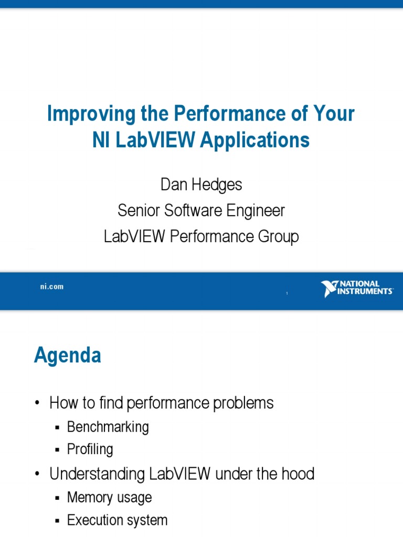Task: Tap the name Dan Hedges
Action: (x=201, y=185)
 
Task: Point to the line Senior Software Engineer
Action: (x=201, y=211)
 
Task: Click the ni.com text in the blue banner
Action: (x=52, y=287)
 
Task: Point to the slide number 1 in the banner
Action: (x=287, y=294)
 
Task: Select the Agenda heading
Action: (x=68, y=356)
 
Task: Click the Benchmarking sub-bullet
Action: (x=108, y=427)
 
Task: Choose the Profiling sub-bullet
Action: (x=90, y=449)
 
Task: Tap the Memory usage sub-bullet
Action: (x=109, y=497)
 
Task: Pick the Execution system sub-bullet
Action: (x=117, y=520)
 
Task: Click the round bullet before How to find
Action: (x=37, y=403)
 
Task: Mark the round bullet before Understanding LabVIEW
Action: (x=37, y=475)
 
